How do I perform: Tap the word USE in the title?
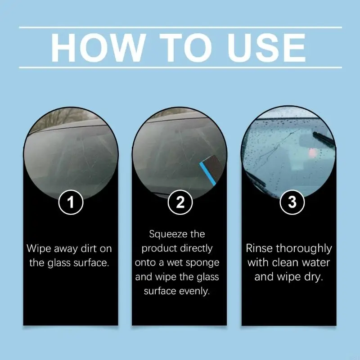266,48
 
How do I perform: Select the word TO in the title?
185,48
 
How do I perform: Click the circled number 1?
71,202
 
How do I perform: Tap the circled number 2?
180,202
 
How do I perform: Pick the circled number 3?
292,202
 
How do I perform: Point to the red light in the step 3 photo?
312,153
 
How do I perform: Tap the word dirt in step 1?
86,249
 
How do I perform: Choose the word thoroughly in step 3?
304,249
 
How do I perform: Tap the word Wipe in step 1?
39,249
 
